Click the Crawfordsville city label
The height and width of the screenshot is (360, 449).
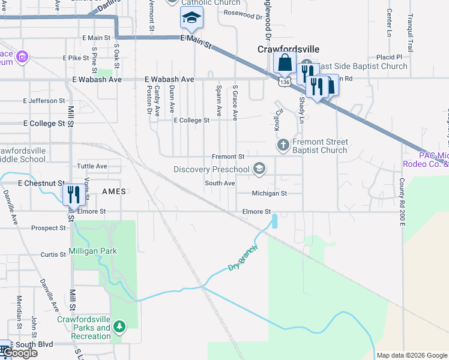[288, 49]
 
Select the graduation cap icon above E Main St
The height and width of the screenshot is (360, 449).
[191, 18]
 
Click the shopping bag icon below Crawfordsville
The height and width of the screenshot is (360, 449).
[284, 62]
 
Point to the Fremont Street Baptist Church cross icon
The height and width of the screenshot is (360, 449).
[283, 145]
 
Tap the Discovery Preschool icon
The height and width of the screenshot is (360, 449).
[259, 170]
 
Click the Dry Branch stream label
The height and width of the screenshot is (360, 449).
[243, 257]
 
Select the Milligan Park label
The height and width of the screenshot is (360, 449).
[92, 251]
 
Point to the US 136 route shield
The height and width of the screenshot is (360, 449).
[286, 81]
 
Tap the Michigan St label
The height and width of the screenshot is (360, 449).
[270, 193]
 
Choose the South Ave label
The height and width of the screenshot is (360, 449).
[219, 183]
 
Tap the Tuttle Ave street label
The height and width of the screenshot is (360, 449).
[92, 166]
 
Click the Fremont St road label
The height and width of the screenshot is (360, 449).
[228, 156]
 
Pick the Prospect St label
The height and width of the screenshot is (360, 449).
[48, 228]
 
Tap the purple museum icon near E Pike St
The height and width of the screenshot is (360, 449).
[23, 58]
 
